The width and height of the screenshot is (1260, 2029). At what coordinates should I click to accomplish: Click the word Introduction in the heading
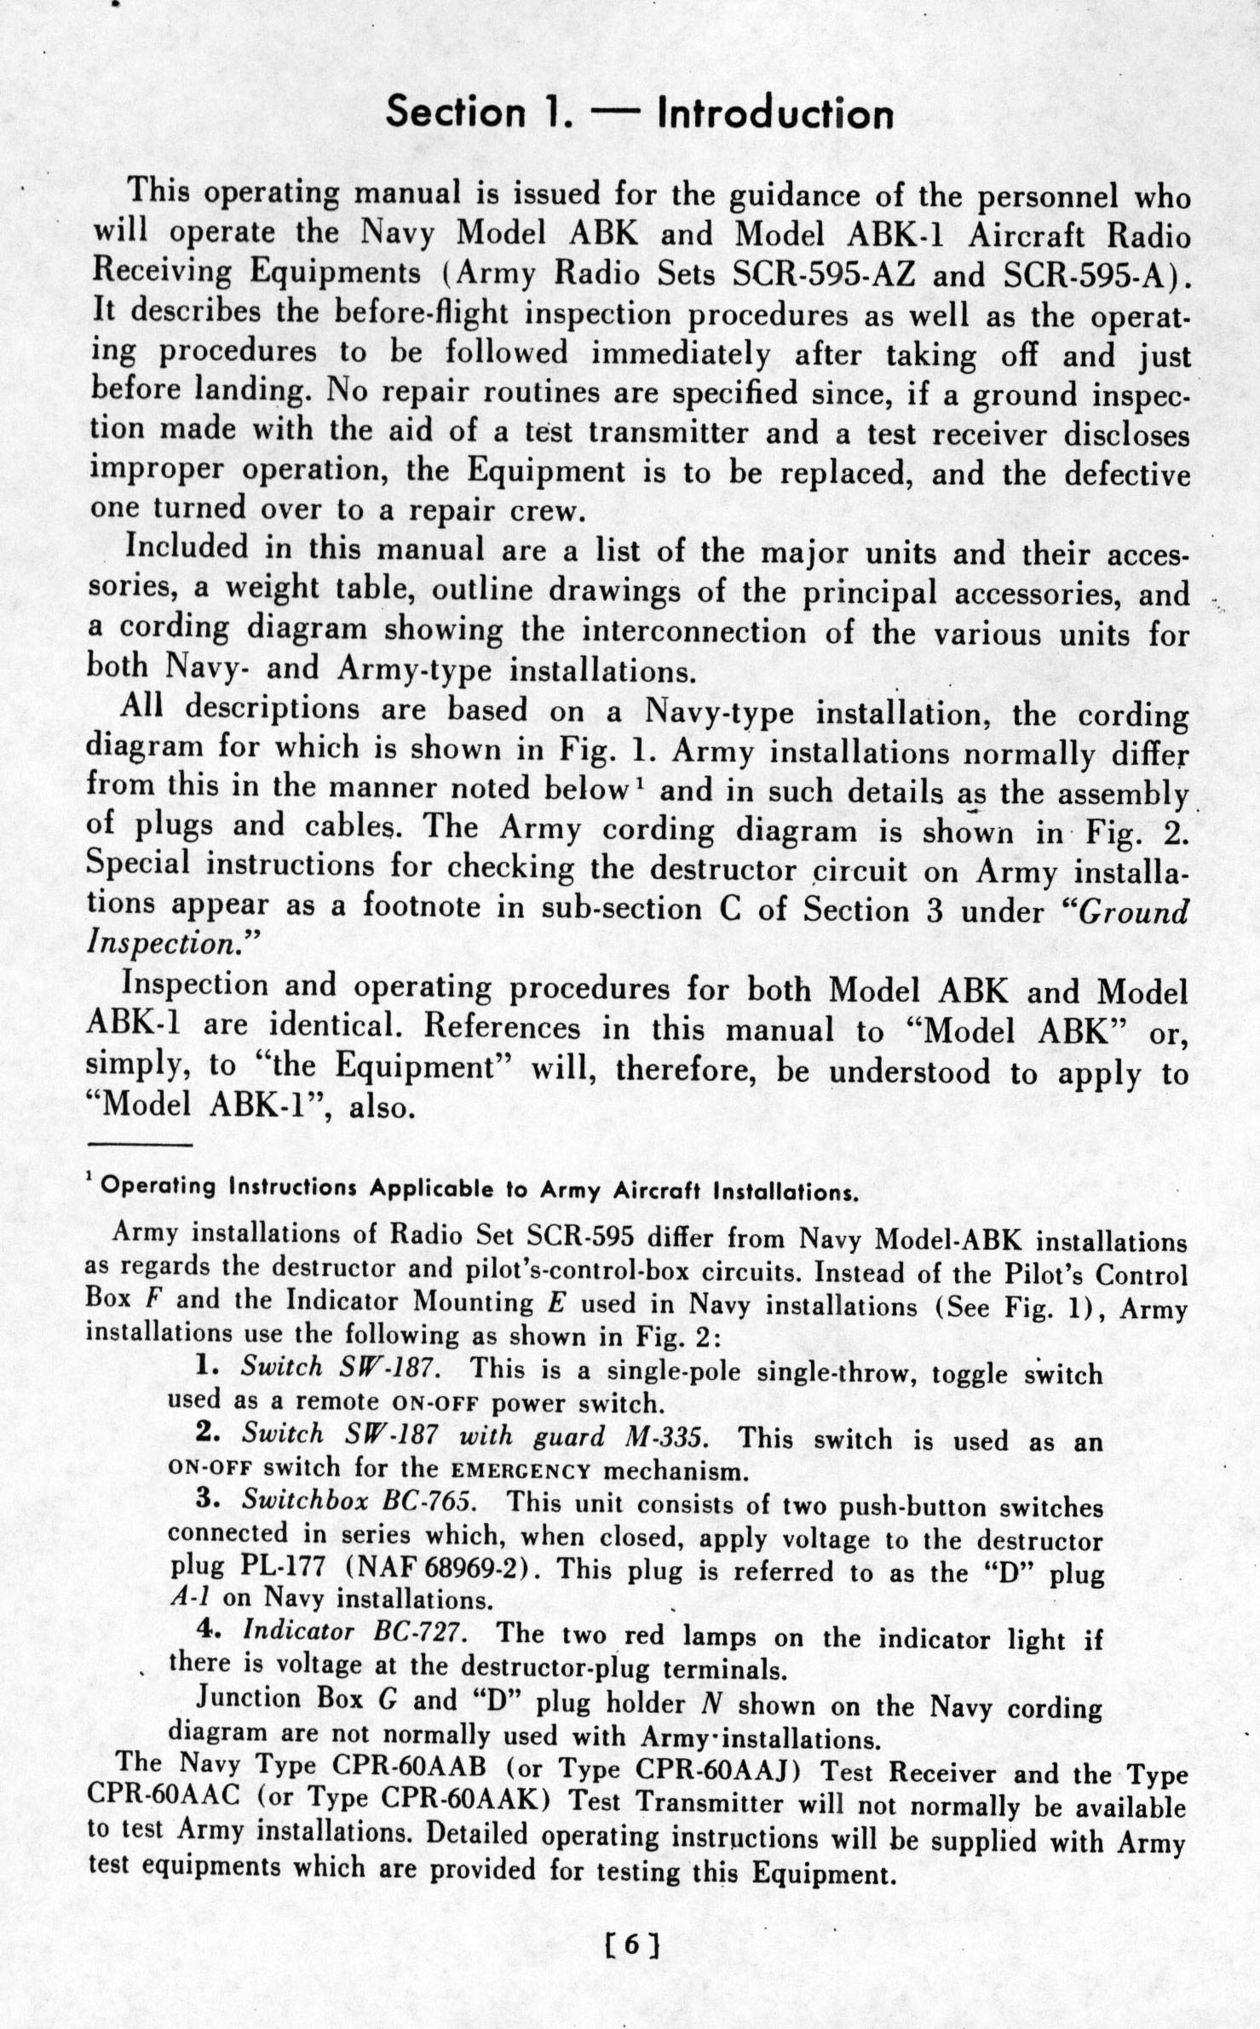click(775, 114)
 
